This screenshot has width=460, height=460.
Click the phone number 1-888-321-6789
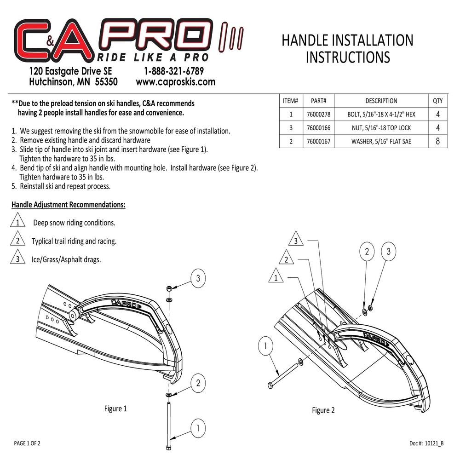pos(174,71)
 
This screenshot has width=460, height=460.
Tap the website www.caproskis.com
pos(175,82)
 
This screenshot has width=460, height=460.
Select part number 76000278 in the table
pos(319,115)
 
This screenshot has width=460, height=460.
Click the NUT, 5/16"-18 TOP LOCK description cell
pos(381,128)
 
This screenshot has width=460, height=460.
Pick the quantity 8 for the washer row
pos(438,141)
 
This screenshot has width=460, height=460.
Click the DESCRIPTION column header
pos(381,101)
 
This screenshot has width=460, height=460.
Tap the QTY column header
pos(438,101)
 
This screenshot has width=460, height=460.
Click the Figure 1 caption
pos(115,408)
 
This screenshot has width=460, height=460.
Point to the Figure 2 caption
pos(323,410)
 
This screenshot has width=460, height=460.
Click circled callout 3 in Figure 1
pos(198,278)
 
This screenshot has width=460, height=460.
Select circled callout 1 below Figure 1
pos(198,428)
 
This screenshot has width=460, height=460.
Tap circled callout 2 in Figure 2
pos(367,252)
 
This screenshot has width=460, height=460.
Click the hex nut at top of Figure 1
pos(169,289)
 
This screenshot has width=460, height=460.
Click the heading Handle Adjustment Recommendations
pos(69,205)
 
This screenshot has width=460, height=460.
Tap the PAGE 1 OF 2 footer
pos(27,443)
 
